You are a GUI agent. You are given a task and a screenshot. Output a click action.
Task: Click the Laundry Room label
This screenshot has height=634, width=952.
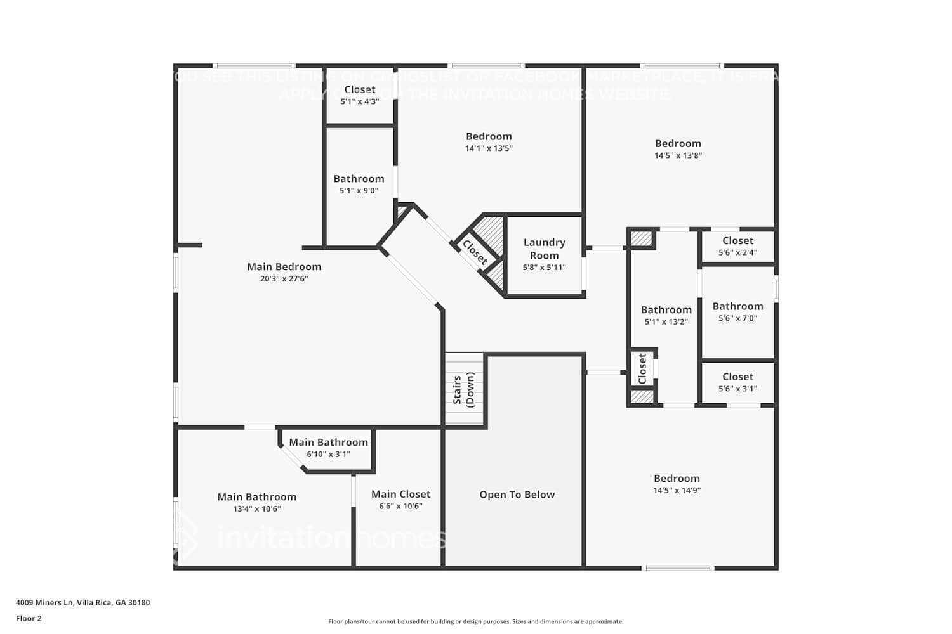[544, 249]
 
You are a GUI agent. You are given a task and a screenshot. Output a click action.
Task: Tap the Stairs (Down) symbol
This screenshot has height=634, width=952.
[464, 389]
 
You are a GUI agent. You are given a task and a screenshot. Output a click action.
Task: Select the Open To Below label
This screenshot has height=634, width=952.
[517, 495]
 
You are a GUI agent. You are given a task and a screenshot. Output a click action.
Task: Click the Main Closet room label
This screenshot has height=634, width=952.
[400, 494]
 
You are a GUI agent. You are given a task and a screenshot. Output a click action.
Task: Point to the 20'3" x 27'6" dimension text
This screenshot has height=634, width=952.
[284, 278]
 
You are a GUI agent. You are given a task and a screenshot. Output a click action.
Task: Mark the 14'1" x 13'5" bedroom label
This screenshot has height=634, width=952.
[489, 136]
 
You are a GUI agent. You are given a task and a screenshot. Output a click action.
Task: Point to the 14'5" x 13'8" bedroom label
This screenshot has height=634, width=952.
[678, 143]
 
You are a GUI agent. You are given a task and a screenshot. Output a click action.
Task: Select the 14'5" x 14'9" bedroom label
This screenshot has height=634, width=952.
[677, 479]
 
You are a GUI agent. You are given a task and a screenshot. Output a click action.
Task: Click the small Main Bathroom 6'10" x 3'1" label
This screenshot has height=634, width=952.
[328, 443]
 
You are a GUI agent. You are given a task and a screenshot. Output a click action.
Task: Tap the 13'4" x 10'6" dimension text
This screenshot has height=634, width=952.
[256, 508]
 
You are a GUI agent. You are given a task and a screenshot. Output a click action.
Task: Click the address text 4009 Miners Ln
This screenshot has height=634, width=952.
[83, 602]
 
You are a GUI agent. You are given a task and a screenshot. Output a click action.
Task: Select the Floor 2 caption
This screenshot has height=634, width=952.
[29, 618]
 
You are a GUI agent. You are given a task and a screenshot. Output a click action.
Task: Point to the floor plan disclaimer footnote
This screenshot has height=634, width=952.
[475, 621]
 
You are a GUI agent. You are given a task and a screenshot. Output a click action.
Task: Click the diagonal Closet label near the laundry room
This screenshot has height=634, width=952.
[475, 252]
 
